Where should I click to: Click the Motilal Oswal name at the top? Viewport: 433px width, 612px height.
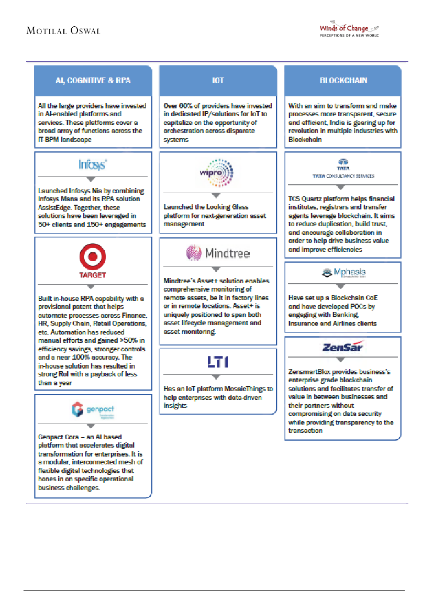pyautogui.click(x=63, y=30)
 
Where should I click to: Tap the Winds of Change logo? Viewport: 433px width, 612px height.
pyautogui.click(x=349, y=30)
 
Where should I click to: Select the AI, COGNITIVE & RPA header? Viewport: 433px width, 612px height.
pyautogui.click(x=93, y=81)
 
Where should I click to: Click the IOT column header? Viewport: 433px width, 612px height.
pyautogui.click(x=218, y=81)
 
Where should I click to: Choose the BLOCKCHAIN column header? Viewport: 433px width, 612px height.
pyautogui.click(x=343, y=81)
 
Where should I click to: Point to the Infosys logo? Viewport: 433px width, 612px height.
pyautogui.click(x=93, y=165)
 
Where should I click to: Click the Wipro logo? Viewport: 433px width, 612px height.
pyautogui.click(x=218, y=172)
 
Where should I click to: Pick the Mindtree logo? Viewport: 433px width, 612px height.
pyautogui.click(x=218, y=253)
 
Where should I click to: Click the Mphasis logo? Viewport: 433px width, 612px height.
pyautogui.click(x=343, y=273)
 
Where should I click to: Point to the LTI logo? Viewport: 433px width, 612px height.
pyautogui.click(x=218, y=362)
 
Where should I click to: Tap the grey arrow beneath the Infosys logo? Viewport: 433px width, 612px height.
pyautogui.click(x=93, y=179)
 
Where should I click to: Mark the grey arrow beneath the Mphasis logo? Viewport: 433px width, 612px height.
pyautogui.click(x=343, y=286)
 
